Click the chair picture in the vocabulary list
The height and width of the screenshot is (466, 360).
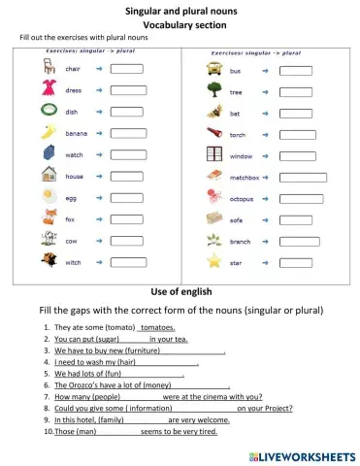(48, 68)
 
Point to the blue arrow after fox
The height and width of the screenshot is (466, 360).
(100, 218)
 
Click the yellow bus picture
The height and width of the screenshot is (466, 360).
(214, 70)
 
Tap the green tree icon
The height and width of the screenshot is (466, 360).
(214, 91)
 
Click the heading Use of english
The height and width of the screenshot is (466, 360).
(180, 290)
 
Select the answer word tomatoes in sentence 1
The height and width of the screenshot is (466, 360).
(158, 328)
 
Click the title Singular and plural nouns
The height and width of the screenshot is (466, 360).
(181, 10)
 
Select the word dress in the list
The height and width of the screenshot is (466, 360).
(74, 90)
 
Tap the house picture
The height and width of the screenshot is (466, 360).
(48, 176)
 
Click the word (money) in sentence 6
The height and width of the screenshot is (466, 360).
(134, 384)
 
